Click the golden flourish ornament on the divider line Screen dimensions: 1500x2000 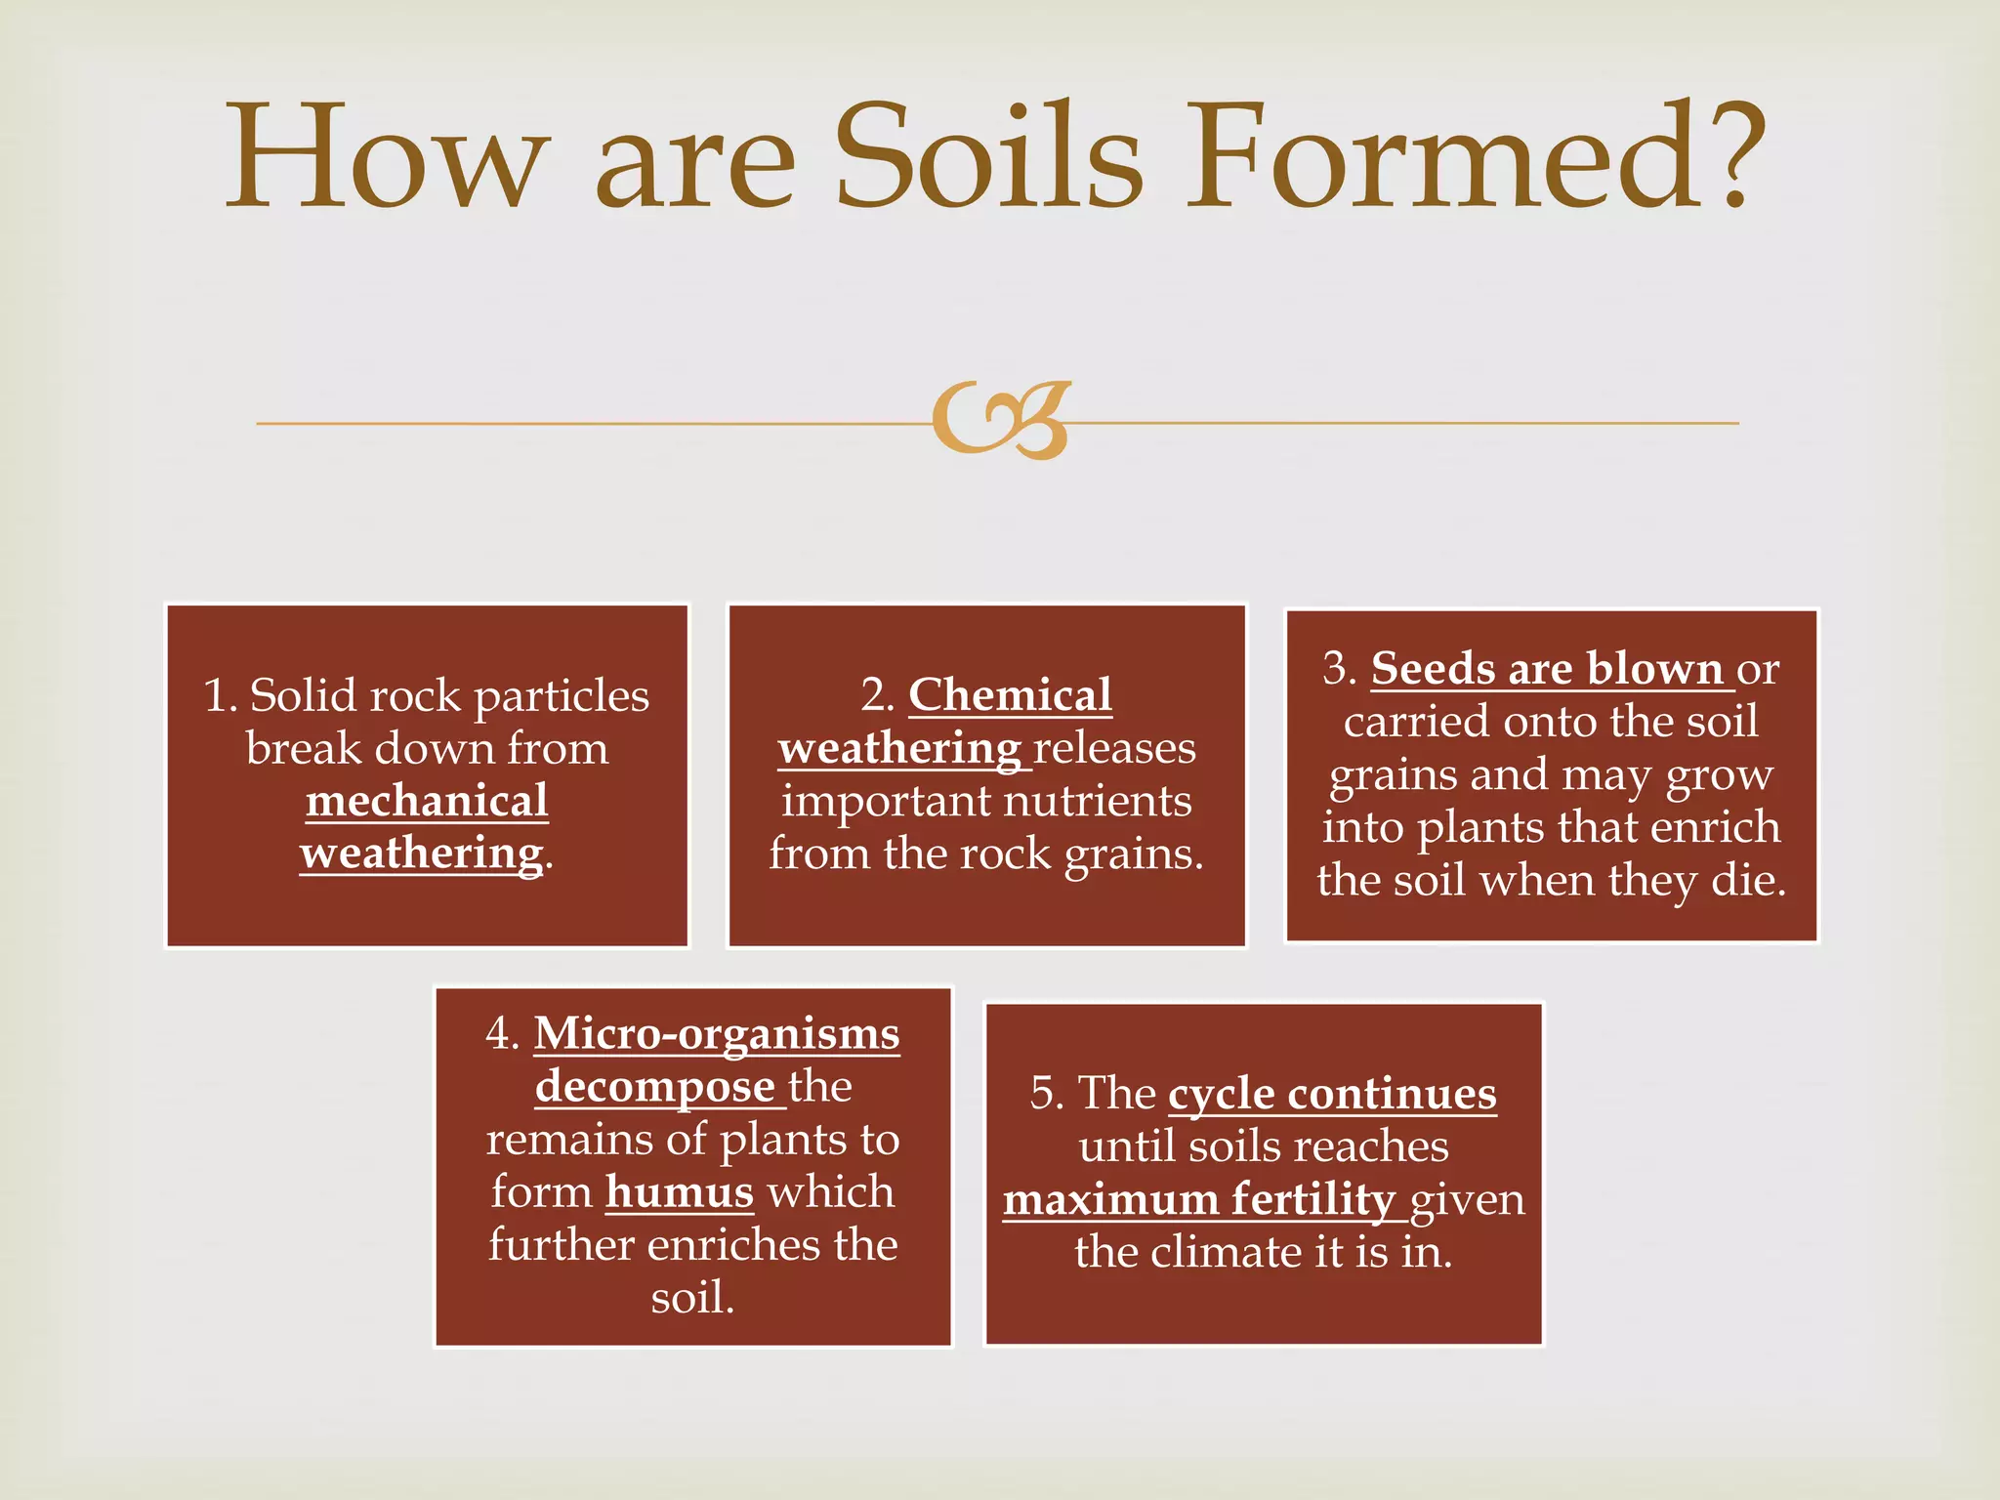tap(1000, 421)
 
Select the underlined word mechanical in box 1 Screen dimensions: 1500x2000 tap(427, 802)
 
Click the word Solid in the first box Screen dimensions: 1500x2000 tap(299, 696)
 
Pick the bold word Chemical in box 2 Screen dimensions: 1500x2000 tap(1010, 695)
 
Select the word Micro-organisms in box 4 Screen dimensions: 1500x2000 tap(716, 1034)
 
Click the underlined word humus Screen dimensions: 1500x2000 tap(680, 1192)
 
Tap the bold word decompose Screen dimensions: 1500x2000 tap(654, 1087)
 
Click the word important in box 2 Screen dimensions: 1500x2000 tap(885, 802)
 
